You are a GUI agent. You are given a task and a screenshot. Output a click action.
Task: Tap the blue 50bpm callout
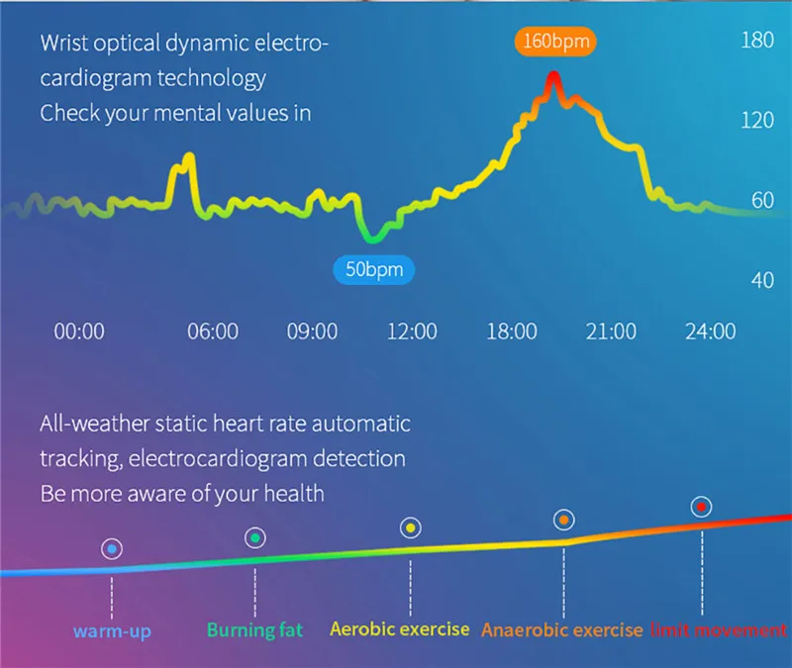[x=374, y=269]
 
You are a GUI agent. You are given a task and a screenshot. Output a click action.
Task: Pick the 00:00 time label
[x=79, y=332]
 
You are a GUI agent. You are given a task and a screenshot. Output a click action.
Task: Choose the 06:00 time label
[x=213, y=332]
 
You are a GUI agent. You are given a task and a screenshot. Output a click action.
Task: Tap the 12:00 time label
[x=412, y=332]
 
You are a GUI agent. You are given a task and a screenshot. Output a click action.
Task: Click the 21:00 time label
[x=611, y=332]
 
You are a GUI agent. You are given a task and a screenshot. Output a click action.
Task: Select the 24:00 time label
[x=711, y=332]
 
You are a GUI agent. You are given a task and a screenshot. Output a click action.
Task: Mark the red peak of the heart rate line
[x=553, y=79]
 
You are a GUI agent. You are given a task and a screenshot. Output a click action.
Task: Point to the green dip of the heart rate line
[x=373, y=238]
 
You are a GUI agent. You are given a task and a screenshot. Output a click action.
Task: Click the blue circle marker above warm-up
[x=112, y=548]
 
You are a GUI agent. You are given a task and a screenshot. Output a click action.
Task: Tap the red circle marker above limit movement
[x=701, y=507]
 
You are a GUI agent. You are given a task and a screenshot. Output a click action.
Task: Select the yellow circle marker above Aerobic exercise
[x=410, y=527]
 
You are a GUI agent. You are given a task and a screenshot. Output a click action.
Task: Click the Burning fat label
[x=254, y=629]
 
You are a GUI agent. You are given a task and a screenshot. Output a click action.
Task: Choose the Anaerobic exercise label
[x=561, y=629]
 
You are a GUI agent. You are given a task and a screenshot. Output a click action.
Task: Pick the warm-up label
[x=112, y=630]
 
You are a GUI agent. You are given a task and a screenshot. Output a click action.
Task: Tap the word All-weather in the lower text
[x=97, y=425]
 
